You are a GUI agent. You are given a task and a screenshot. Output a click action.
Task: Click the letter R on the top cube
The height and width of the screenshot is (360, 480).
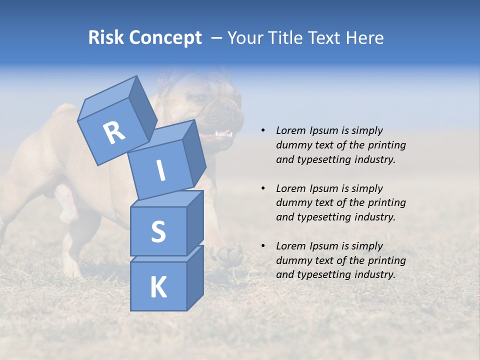click(x=114, y=133)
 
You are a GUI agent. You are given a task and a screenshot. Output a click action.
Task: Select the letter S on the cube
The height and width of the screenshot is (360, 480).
click(x=158, y=231)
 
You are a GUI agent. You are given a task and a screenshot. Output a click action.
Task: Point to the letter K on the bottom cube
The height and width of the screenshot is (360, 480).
click(x=158, y=287)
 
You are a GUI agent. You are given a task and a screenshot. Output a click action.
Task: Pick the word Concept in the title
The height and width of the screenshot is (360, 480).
click(x=165, y=38)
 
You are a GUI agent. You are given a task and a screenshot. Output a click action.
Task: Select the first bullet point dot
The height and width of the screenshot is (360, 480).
click(x=262, y=130)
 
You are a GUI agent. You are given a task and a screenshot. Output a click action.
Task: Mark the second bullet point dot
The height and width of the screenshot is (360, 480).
click(x=262, y=188)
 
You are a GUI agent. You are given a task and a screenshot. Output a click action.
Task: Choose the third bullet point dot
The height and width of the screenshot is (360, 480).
click(x=262, y=246)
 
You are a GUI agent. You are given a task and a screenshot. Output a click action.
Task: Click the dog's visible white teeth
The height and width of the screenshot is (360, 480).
click(x=223, y=134)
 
